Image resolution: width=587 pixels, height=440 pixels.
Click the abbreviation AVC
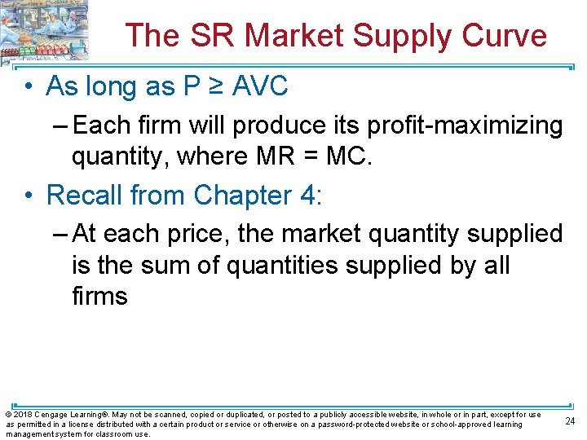click(260, 86)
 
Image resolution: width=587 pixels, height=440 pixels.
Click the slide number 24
click(570, 420)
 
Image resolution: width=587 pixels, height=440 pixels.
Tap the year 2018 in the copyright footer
click(22, 415)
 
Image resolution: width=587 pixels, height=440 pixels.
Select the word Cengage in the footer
click(52, 415)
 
